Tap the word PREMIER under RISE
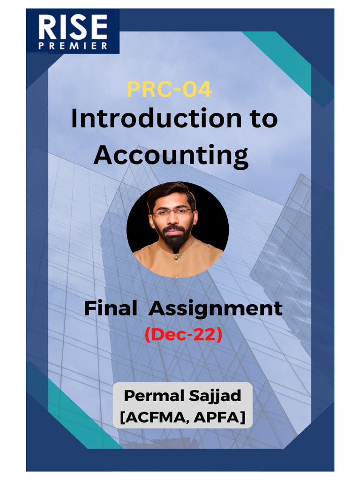click(x=73, y=46)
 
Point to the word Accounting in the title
click(x=171, y=155)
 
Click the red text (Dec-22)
click(x=183, y=335)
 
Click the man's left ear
click(x=195, y=217)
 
